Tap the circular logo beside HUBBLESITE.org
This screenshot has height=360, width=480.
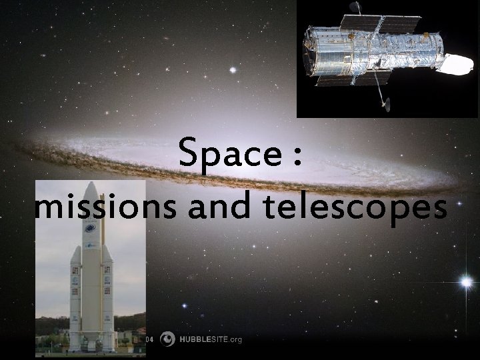(x=169, y=339)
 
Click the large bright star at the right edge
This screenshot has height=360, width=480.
(x=466, y=282)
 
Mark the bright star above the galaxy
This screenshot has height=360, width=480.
(x=233, y=69)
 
